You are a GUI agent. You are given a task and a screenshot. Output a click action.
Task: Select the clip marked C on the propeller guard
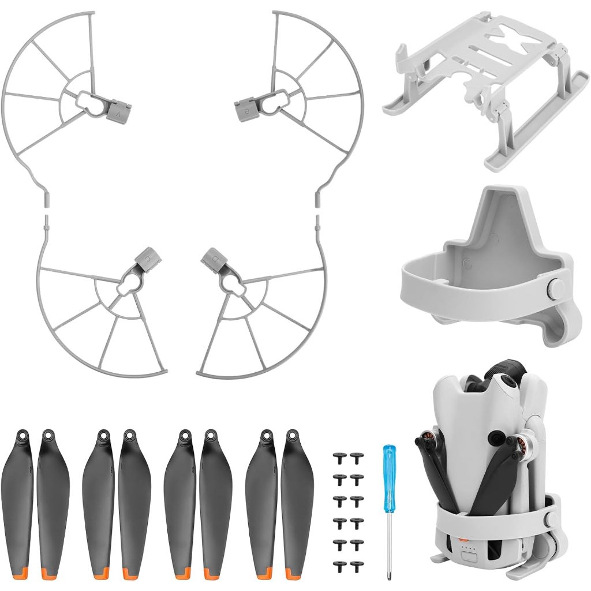click(x=144, y=257)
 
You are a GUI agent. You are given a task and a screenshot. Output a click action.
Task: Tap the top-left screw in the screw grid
click(x=338, y=457)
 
